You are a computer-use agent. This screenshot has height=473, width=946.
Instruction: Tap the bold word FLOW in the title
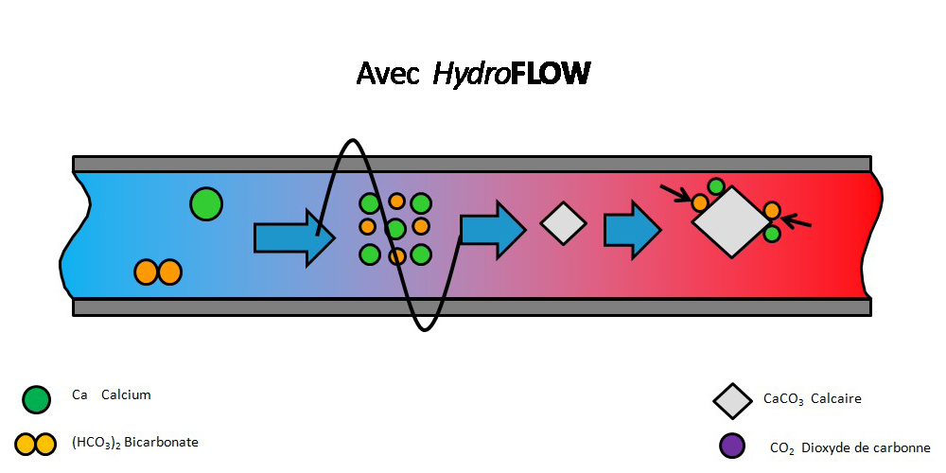[x=550, y=74]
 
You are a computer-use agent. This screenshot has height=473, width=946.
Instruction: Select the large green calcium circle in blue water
[x=205, y=203]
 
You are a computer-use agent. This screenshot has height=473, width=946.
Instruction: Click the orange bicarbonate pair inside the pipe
[x=157, y=272]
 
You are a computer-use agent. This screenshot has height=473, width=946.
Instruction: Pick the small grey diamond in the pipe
[x=564, y=223]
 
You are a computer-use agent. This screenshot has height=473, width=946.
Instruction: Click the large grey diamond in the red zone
[x=731, y=222]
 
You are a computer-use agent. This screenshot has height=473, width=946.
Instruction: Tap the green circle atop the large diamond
[x=716, y=186]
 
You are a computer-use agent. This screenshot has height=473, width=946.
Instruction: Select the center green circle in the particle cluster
[x=396, y=228]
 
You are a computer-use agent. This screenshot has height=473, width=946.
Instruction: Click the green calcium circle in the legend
[x=36, y=400]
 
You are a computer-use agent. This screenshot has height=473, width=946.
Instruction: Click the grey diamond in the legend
[x=733, y=400]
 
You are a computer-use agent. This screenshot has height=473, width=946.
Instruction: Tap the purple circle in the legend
[x=731, y=446]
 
